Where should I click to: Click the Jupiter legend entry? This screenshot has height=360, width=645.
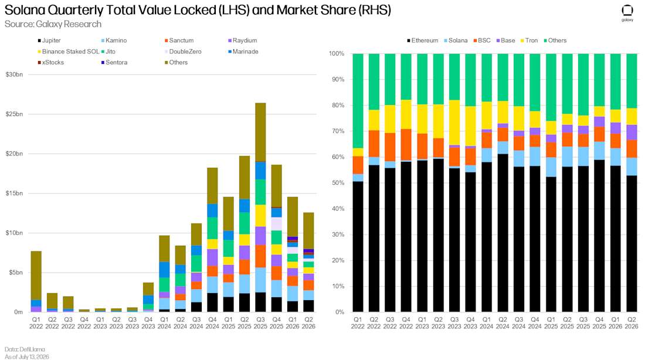[x=49, y=40]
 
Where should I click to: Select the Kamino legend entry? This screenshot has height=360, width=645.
[x=114, y=40]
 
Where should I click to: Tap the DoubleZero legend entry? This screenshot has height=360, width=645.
[x=183, y=52]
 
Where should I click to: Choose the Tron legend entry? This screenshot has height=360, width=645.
[x=529, y=40]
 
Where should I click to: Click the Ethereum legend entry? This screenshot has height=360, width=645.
[x=422, y=40]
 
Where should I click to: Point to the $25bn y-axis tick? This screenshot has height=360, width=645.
[x=14, y=114]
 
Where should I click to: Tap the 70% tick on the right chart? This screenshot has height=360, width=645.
[x=337, y=131]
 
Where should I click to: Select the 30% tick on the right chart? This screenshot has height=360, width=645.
[x=337, y=235]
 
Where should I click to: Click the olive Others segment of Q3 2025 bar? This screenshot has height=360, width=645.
[x=260, y=132]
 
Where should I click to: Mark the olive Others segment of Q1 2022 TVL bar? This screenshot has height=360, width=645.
[x=36, y=275]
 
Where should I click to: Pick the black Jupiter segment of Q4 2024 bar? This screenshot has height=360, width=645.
[x=212, y=303]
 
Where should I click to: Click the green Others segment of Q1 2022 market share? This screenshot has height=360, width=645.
[x=358, y=101]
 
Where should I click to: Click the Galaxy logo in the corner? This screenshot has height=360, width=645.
[x=627, y=13]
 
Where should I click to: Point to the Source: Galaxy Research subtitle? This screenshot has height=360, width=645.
[x=53, y=24]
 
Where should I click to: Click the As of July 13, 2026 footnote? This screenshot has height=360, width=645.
[x=27, y=356]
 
